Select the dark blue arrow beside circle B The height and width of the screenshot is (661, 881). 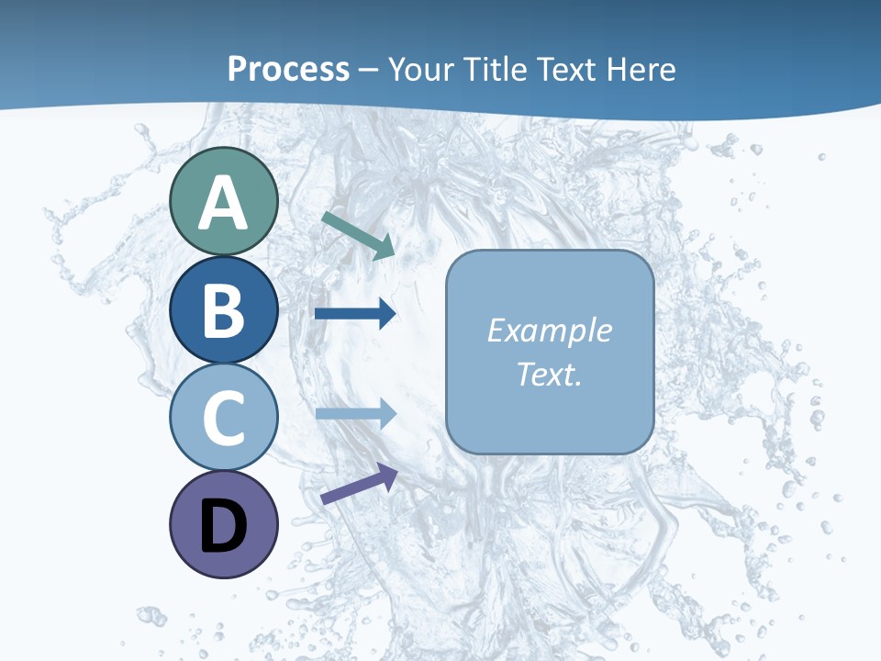355,314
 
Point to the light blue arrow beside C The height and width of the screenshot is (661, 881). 355,414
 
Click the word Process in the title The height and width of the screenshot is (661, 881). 288,69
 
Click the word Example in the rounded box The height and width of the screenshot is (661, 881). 549,330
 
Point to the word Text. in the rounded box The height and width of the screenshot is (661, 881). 549,375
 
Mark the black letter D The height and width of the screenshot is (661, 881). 223,527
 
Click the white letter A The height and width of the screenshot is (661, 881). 223,204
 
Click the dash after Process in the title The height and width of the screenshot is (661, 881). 369,70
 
